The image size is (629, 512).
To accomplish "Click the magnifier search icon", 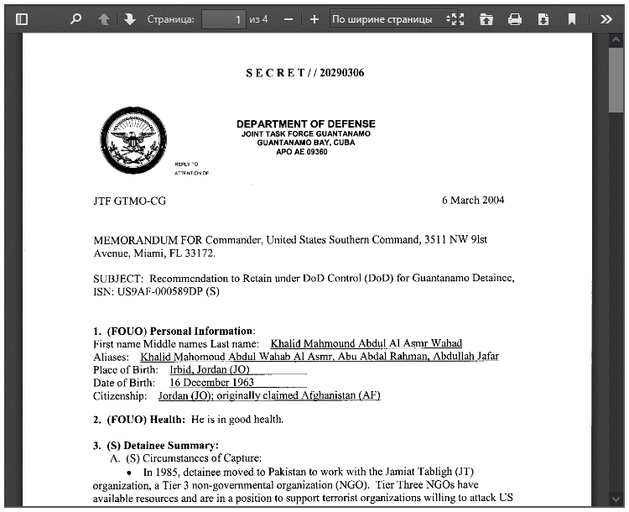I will (x=75, y=19).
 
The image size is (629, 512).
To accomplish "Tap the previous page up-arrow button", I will (x=104, y=19).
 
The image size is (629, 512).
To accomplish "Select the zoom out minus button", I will (x=289, y=19).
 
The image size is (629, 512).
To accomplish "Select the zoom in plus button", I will (x=314, y=19).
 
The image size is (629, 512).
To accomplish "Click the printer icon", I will (x=515, y=19).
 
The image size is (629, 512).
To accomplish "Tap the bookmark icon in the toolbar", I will (x=571, y=19).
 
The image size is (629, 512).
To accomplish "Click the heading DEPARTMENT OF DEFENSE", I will (x=305, y=124).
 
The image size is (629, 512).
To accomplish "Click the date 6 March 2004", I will (x=473, y=201).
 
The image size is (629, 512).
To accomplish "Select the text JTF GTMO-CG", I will (x=129, y=201).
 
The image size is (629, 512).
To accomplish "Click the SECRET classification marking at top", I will (x=305, y=73).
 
